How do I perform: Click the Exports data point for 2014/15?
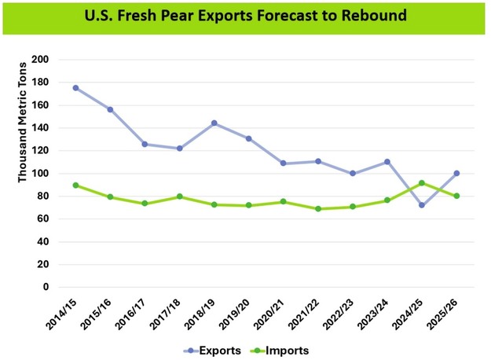[75, 88]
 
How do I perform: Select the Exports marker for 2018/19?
[214, 123]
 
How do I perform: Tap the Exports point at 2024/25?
[422, 205]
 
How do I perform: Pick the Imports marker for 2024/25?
[422, 183]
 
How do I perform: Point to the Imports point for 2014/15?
[75, 186]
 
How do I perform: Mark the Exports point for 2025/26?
[456, 173]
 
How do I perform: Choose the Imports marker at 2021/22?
[318, 209]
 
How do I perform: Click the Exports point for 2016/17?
[145, 144]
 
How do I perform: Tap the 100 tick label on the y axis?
[42, 174]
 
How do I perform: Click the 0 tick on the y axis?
[46, 288]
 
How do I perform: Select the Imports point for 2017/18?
[179, 197]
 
